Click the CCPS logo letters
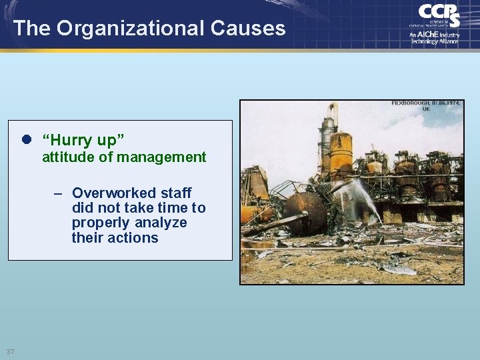point(439,15)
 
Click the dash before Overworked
point(59,193)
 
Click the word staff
point(176,193)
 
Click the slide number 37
point(10,351)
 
